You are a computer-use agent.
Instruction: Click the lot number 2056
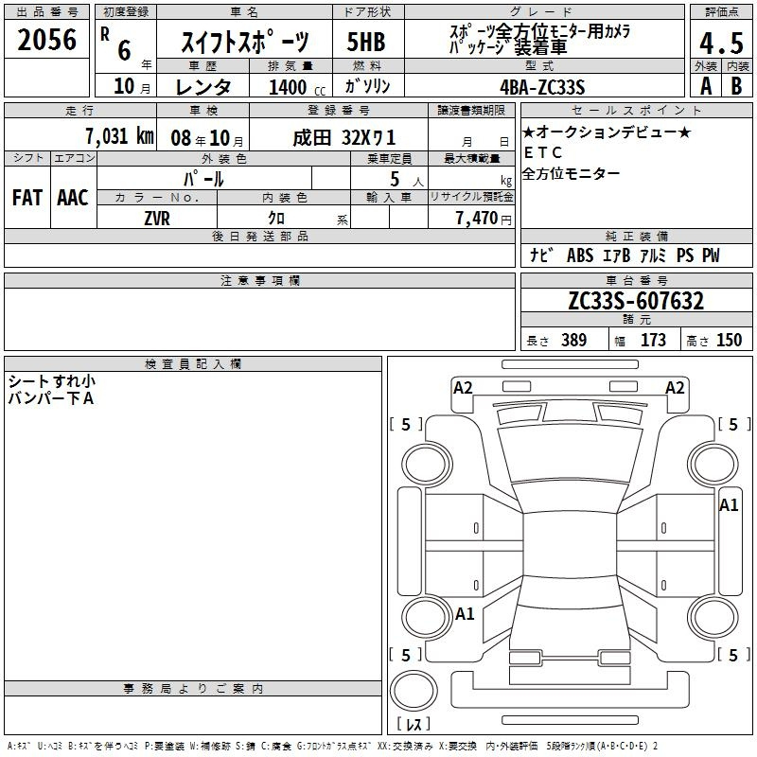[x=46, y=40]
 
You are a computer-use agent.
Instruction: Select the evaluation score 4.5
[x=721, y=43]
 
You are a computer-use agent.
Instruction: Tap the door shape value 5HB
[x=366, y=42]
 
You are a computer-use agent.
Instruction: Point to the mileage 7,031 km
[x=120, y=136]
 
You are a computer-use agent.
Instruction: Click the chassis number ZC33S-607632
[x=636, y=301]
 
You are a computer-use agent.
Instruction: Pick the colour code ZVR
[x=157, y=219]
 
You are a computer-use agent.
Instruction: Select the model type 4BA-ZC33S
[x=542, y=87]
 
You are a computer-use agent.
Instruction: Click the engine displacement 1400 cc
[x=297, y=87]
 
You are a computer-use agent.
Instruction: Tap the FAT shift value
[x=27, y=198]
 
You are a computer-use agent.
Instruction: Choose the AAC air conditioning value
[x=73, y=198]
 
